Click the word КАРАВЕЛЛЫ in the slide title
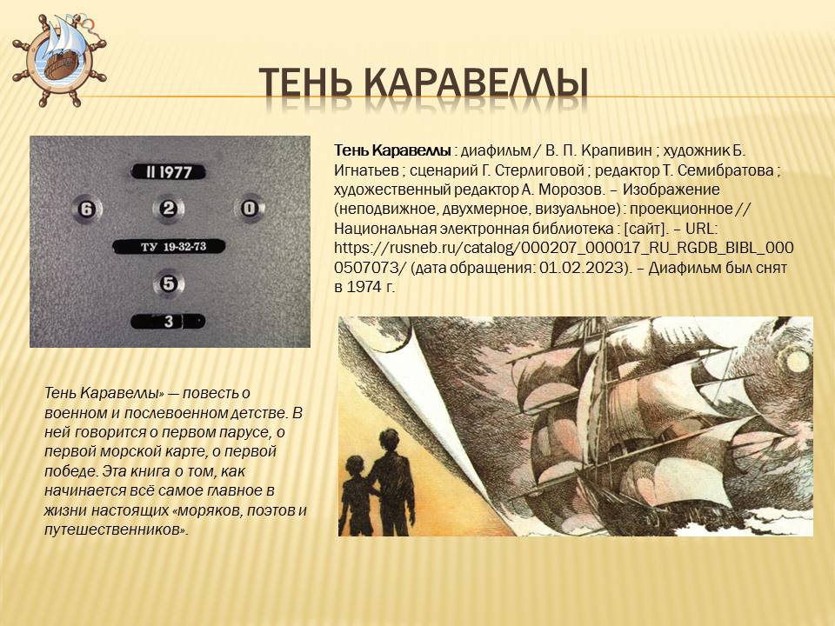click(x=475, y=82)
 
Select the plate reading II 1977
click(x=169, y=172)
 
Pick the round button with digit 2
click(x=169, y=209)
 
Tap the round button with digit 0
click(x=249, y=209)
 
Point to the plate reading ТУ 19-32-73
click(x=169, y=247)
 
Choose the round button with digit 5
click(x=169, y=283)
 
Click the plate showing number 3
click(x=169, y=322)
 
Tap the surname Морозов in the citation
click(x=594, y=190)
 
